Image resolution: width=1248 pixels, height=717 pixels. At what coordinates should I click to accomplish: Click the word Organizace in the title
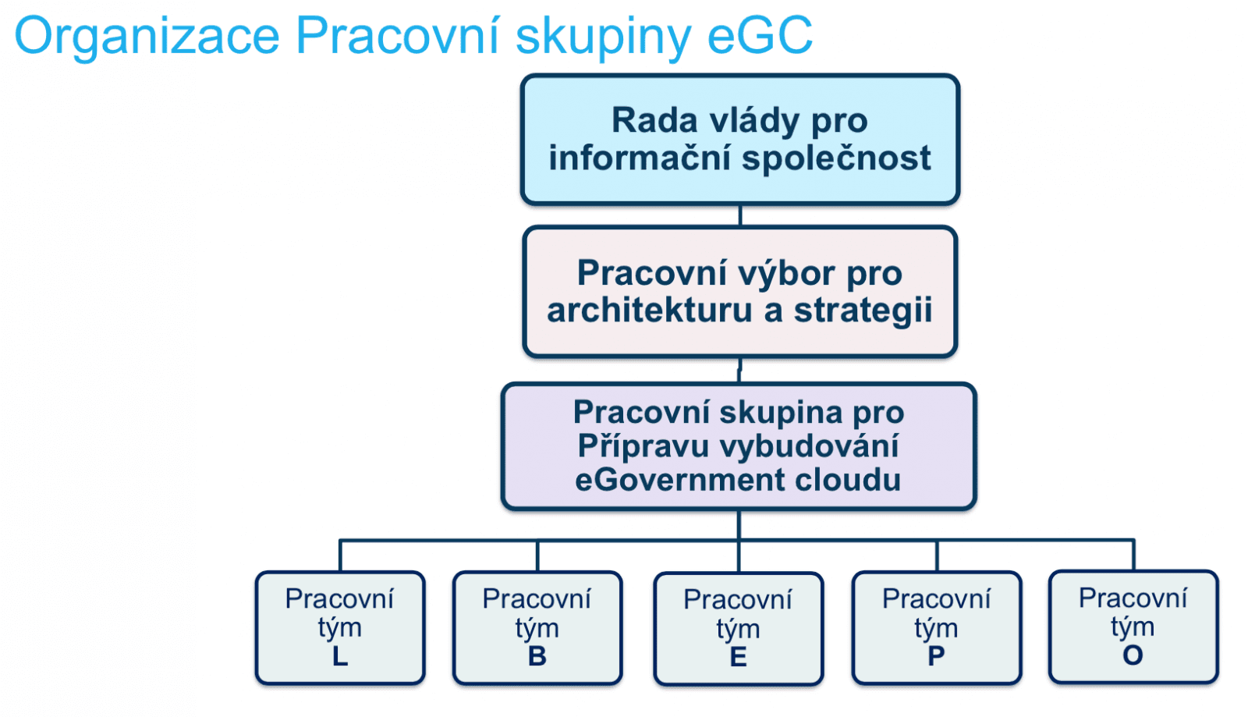[x=147, y=35]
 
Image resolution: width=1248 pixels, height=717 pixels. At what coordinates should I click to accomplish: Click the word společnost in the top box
[x=835, y=158]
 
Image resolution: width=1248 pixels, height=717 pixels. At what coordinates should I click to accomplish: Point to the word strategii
[x=863, y=310]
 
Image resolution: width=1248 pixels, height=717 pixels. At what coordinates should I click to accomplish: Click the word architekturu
[x=651, y=310]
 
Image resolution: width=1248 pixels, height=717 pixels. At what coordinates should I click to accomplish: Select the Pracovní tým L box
[x=340, y=628]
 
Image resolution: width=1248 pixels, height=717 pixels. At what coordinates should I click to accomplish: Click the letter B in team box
[x=537, y=656]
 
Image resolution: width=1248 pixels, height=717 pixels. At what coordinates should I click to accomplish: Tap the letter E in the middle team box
[x=738, y=657]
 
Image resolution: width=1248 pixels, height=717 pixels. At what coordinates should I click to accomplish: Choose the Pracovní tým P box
[x=936, y=628]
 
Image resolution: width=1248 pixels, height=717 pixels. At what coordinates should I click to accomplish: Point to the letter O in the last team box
[x=1133, y=655]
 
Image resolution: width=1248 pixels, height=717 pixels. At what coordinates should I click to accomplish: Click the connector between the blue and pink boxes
[x=739, y=216]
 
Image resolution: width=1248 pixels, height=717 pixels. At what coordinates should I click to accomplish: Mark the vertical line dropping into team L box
[x=340, y=556]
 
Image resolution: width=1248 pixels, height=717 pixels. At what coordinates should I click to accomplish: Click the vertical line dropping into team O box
[x=1133, y=555]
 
